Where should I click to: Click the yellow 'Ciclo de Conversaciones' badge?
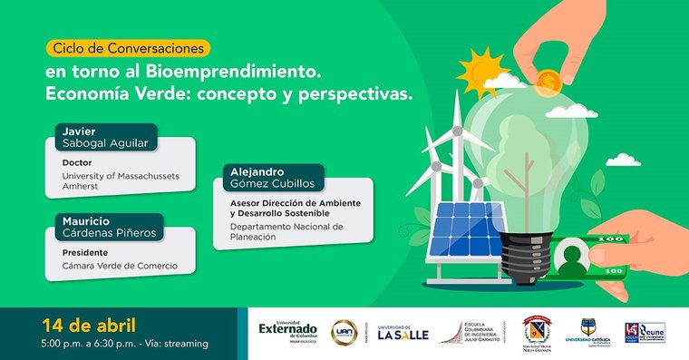coord(126,47)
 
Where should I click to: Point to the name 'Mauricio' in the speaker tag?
coord(87,219)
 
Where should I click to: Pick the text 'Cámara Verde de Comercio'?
coord(119,266)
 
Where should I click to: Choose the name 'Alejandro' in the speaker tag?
coord(257,171)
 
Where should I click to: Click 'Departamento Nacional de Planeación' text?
coord(286,231)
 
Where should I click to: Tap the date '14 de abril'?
coord(88,325)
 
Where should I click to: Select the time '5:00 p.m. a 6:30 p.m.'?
coord(89,344)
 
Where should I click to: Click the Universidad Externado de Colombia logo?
coord(288,331)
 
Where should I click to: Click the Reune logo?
coord(645,332)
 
